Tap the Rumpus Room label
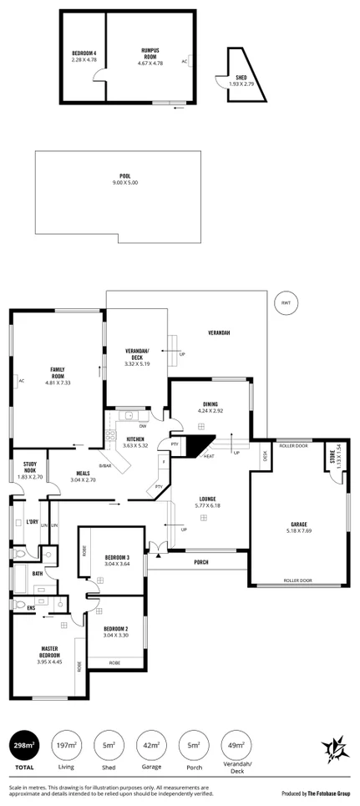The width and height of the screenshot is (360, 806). [x=150, y=56]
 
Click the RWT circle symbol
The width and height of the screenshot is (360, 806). [x=286, y=303]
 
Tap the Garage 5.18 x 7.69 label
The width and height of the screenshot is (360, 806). [x=298, y=527]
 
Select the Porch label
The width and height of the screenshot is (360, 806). [x=200, y=562]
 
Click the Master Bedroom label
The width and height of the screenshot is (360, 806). [x=53, y=652]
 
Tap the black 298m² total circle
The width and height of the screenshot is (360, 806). [x=24, y=743]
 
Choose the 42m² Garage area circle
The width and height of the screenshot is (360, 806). [x=150, y=744]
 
